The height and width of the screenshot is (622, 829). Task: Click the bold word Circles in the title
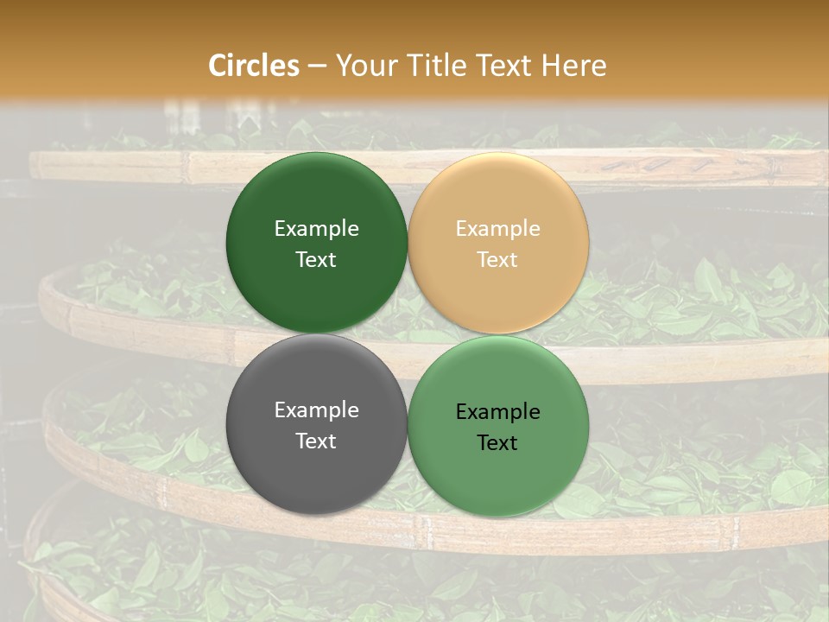pyautogui.click(x=254, y=66)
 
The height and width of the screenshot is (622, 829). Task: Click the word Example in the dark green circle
pyautogui.click(x=316, y=229)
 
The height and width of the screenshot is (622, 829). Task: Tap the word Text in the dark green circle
pyautogui.click(x=316, y=260)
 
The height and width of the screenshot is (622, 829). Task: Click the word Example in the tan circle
pyautogui.click(x=497, y=229)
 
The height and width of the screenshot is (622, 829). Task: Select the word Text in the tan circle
pyautogui.click(x=497, y=260)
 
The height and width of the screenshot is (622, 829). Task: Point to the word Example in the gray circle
pyautogui.click(x=316, y=410)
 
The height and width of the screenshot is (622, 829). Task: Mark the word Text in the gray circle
pyautogui.click(x=316, y=441)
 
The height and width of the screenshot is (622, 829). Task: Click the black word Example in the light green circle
pyautogui.click(x=497, y=412)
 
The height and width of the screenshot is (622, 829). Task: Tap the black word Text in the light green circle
pyautogui.click(x=497, y=443)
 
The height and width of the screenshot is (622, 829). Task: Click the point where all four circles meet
pyautogui.click(x=408, y=334)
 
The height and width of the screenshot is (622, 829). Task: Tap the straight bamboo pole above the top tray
pyautogui.click(x=130, y=165)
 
